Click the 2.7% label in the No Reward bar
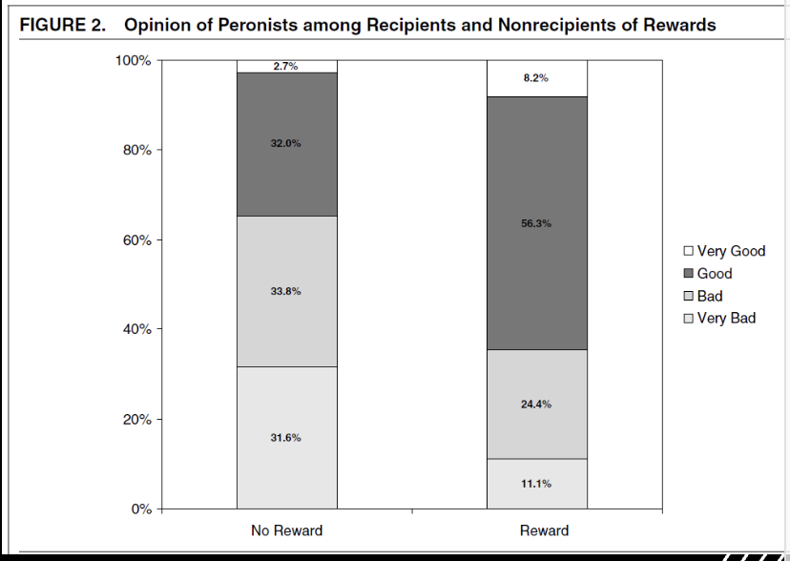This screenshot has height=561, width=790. (286, 67)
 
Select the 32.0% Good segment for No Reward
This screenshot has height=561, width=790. (286, 143)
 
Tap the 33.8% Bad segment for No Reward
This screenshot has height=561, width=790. (286, 291)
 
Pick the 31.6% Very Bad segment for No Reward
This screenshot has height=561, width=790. (286, 438)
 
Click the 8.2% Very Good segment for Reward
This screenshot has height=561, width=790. (536, 78)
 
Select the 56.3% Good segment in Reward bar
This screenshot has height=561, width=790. (536, 223)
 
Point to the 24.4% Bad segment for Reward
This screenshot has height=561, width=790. (536, 404)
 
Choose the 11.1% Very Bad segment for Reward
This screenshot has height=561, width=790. (536, 484)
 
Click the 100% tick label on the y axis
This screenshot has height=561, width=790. (133, 60)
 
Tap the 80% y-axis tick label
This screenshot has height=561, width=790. (135, 150)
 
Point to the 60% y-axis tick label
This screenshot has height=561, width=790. (135, 239)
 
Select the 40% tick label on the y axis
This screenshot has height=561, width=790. (135, 329)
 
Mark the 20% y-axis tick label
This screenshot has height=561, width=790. (135, 419)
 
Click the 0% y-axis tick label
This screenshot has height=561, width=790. (139, 509)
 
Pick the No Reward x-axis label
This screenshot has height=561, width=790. (286, 530)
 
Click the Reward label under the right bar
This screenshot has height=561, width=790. (544, 530)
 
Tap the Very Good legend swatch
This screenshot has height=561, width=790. (688, 252)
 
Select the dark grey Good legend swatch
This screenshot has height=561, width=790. (688, 274)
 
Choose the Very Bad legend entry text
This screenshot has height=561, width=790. (726, 318)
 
